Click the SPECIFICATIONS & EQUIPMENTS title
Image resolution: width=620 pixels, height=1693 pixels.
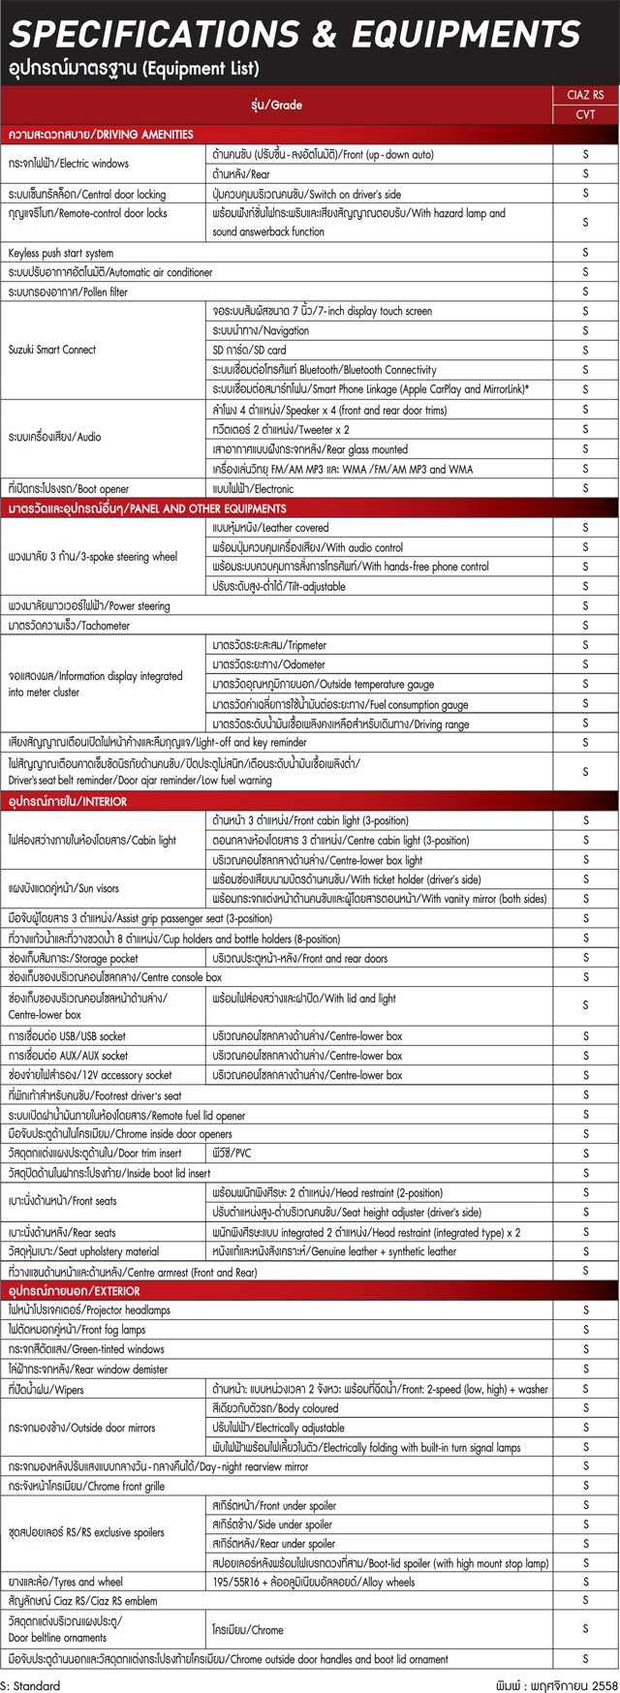(294, 34)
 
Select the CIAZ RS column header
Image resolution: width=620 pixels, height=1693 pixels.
(585, 95)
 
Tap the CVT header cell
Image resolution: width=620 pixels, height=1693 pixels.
(585, 114)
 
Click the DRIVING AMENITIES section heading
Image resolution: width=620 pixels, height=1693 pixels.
(101, 135)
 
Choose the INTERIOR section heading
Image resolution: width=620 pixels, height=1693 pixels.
(68, 802)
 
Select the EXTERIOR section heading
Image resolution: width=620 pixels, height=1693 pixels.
(75, 1291)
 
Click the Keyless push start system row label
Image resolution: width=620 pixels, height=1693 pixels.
(61, 253)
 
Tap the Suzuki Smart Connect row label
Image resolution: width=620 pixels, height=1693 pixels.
(52, 350)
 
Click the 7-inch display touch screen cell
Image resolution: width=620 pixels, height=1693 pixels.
(322, 311)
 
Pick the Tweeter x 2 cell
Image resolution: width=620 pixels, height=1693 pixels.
(280, 430)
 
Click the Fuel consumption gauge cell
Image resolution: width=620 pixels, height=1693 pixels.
(340, 704)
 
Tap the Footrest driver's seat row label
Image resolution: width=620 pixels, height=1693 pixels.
(95, 1095)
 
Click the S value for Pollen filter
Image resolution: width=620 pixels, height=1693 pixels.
(585, 292)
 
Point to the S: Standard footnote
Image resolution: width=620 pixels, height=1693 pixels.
(31, 1685)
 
